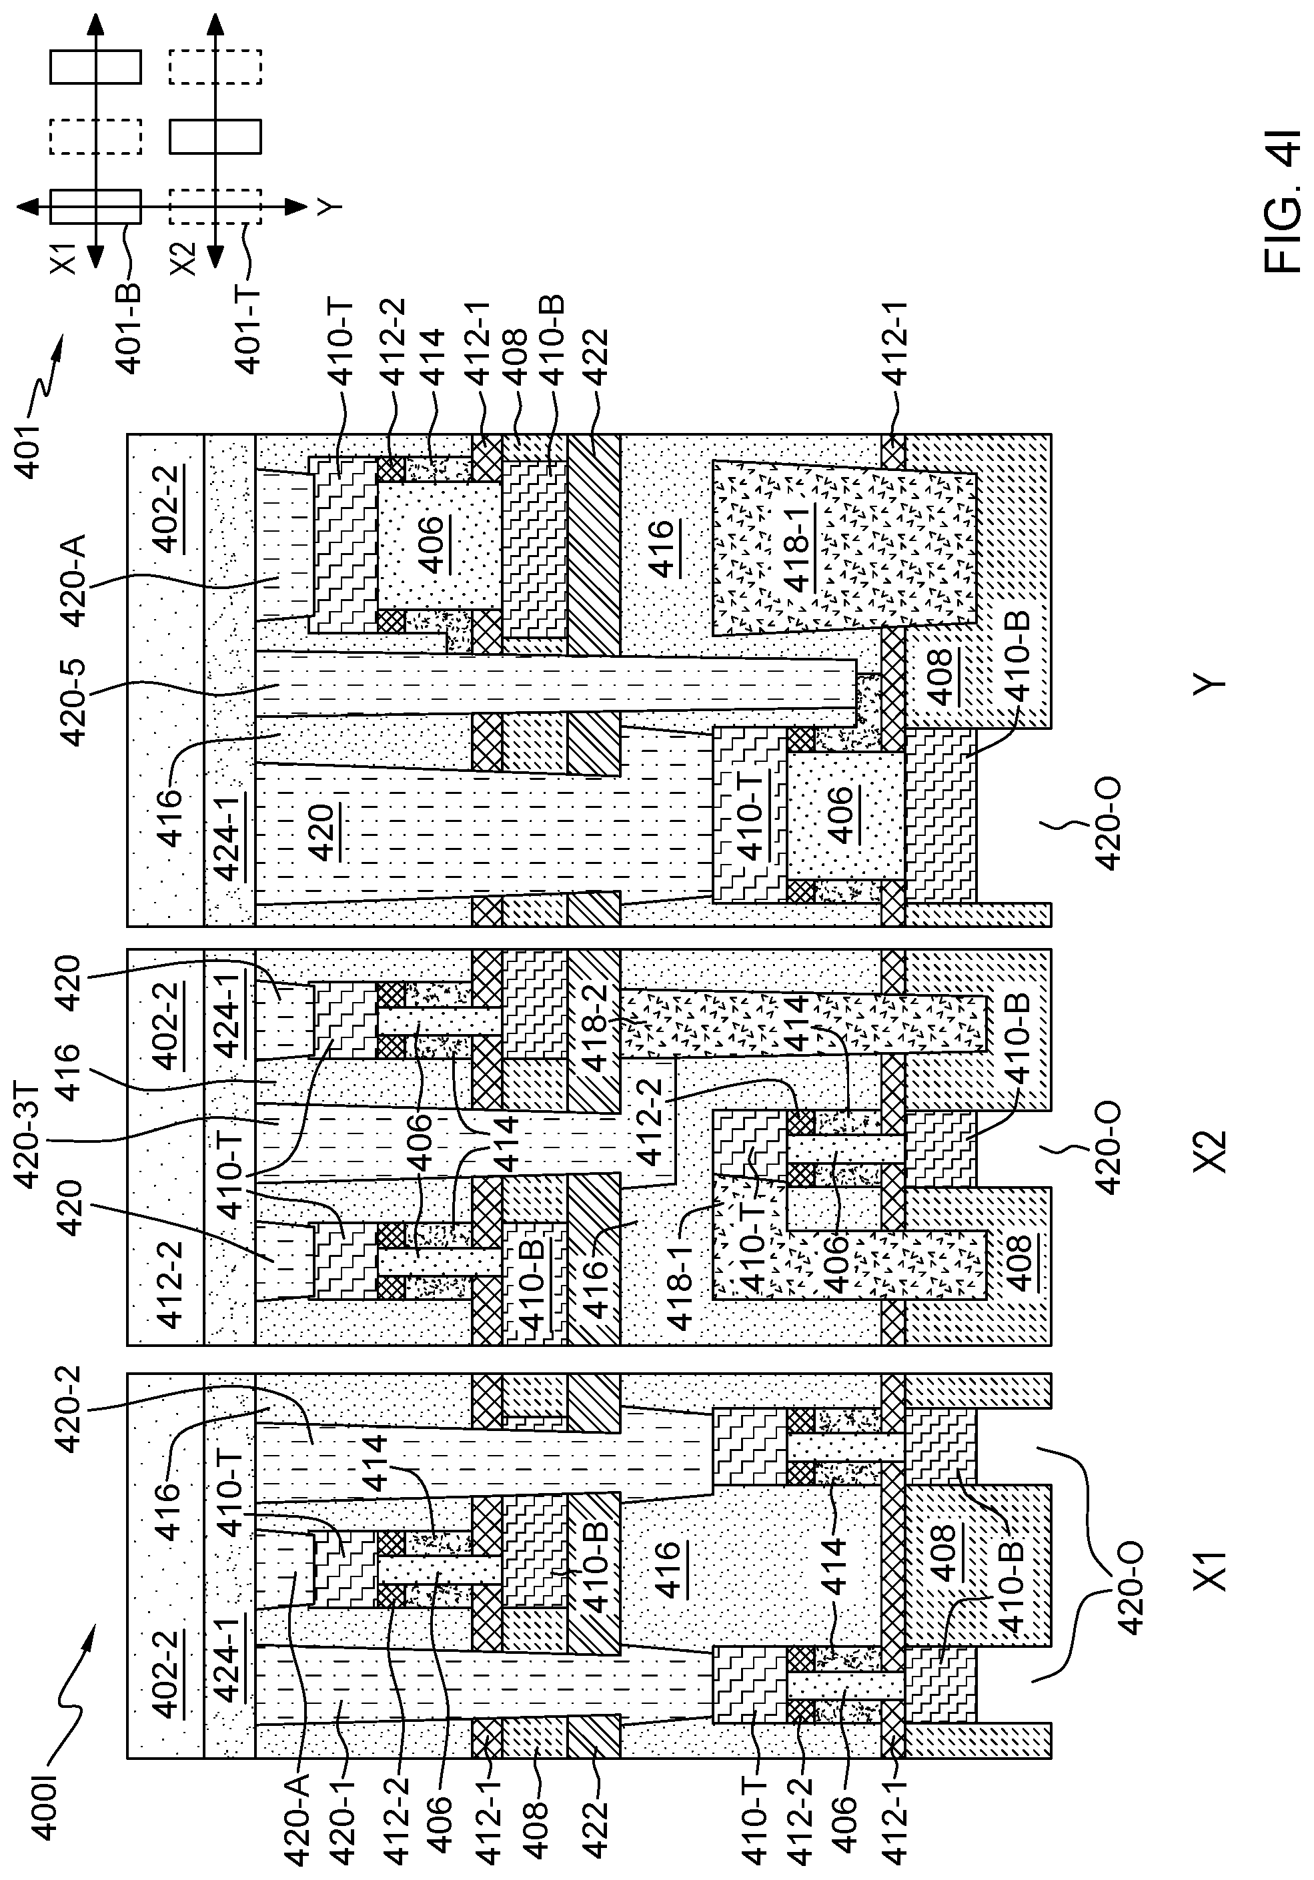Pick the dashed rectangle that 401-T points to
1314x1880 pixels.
coord(215,206)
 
